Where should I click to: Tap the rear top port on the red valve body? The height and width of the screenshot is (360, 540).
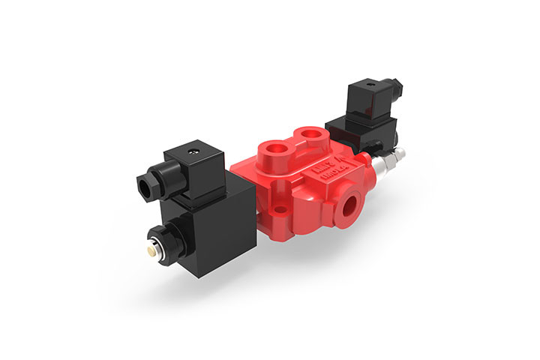coord(308,136)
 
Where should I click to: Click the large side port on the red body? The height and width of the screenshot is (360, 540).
coord(352,203)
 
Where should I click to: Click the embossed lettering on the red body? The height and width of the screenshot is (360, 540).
coord(331,175)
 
